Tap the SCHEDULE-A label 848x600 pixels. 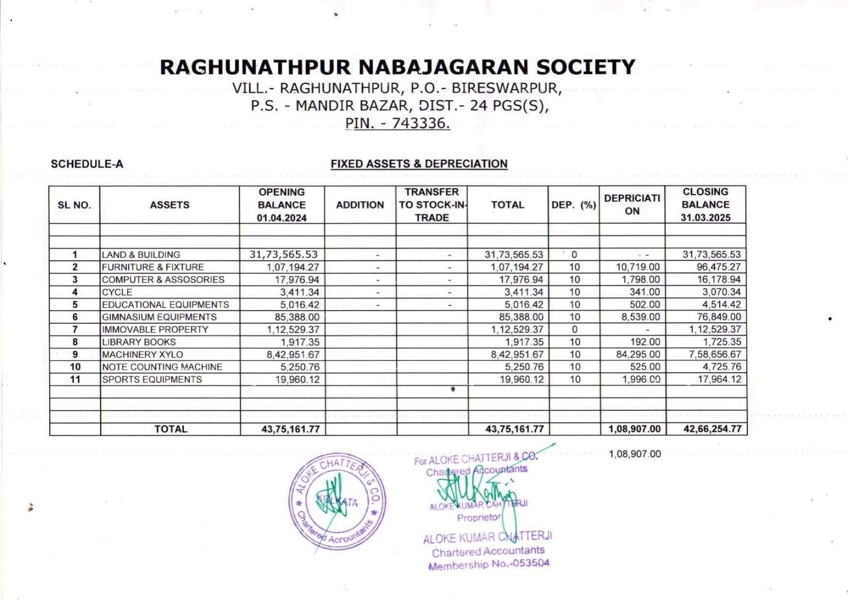click(x=87, y=164)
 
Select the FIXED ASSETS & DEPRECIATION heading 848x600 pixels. click(x=419, y=164)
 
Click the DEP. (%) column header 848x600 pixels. click(x=573, y=205)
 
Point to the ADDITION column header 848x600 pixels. click(x=360, y=205)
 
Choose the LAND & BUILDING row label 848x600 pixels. click(x=141, y=254)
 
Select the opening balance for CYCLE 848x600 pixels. click(x=299, y=292)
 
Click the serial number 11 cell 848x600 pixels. click(x=75, y=380)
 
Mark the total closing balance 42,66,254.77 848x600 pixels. click(x=712, y=429)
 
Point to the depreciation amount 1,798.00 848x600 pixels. click(x=641, y=279)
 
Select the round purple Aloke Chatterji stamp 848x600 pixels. click(x=338, y=501)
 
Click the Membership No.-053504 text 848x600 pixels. click(x=489, y=564)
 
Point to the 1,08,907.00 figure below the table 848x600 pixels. click(x=634, y=454)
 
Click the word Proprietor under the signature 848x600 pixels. click(x=479, y=517)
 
